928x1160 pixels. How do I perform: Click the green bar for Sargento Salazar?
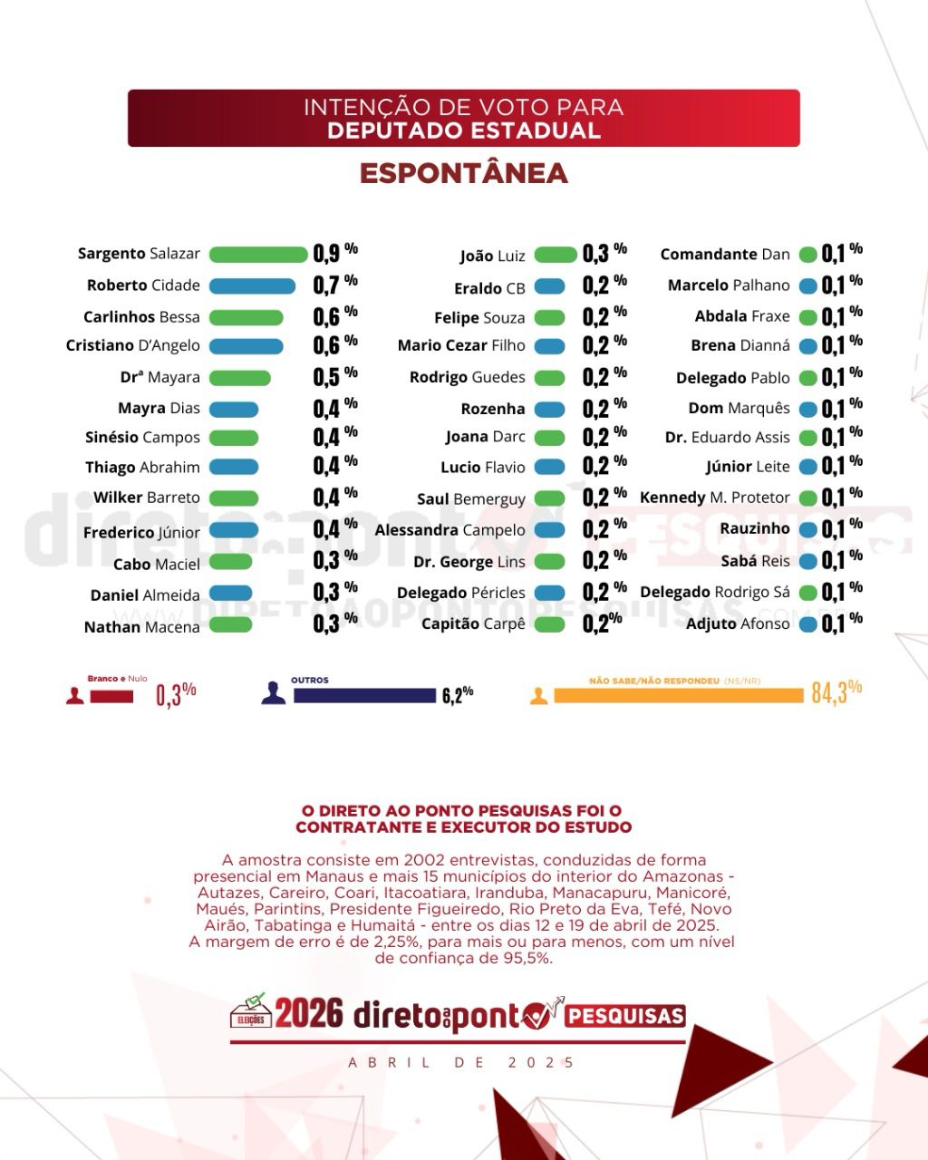click(x=258, y=255)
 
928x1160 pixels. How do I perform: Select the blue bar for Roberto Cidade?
click(x=252, y=286)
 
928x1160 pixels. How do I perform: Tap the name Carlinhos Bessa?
click(x=141, y=317)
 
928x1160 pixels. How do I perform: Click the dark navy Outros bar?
click(x=364, y=696)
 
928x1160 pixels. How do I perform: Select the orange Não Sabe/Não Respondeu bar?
click(x=678, y=695)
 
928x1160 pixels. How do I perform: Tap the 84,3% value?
click(x=835, y=692)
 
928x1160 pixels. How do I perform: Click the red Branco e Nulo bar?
click(x=111, y=697)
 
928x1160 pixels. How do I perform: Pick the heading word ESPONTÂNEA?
click(x=463, y=174)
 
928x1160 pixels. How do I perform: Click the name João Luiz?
click(x=492, y=256)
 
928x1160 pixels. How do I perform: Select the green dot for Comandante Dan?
click(x=807, y=256)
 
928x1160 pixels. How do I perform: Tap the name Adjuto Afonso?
click(x=738, y=623)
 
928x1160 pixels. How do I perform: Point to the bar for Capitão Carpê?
click(x=549, y=624)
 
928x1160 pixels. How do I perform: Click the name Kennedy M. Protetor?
click(x=714, y=498)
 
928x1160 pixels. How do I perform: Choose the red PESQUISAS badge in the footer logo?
click(x=624, y=1017)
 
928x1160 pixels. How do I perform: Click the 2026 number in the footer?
click(x=309, y=1014)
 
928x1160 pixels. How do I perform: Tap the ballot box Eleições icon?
click(x=251, y=1011)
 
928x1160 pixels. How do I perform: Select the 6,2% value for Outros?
click(x=457, y=695)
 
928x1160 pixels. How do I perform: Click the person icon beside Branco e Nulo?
click(x=75, y=695)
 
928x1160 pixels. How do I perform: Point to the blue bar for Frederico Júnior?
click(x=234, y=531)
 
